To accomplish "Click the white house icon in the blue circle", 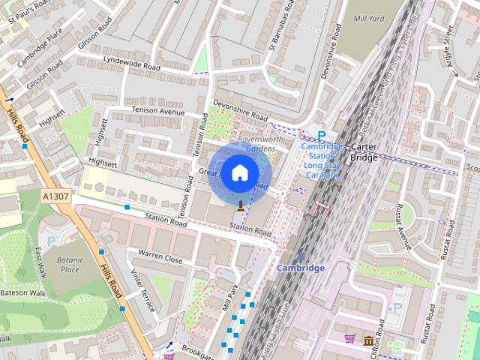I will [x=239, y=172].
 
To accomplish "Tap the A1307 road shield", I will [x=56, y=196].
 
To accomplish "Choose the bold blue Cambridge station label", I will [x=301, y=268].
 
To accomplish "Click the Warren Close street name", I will [x=160, y=259].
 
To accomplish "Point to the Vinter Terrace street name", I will [x=142, y=291].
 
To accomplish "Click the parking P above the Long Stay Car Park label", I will [x=322, y=136].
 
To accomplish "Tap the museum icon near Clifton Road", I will [x=369, y=341].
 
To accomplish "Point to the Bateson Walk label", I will [x=22, y=292].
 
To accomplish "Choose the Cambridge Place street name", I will [x=44, y=49].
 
